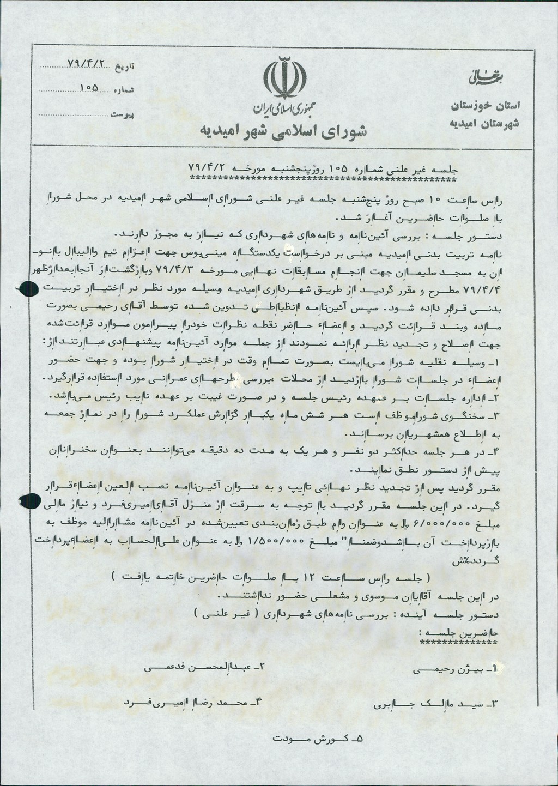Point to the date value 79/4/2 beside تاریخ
click(86, 64)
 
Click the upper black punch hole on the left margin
click(23, 289)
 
